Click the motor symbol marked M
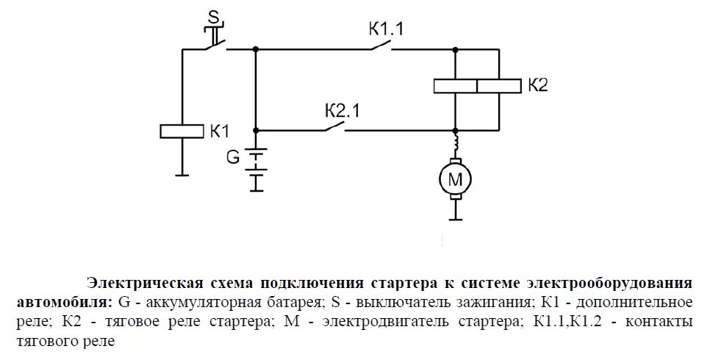(456, 179)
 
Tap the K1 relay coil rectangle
(182, 132)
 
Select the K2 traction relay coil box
(476, 86)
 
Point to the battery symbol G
(256, 168)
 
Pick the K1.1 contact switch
(380, 47)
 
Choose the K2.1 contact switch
(335, 127)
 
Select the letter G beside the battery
(233, 156)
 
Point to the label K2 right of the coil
(538, 85)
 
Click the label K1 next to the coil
(220, 132)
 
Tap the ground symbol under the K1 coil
(182, 174)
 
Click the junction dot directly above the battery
(256, 131)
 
